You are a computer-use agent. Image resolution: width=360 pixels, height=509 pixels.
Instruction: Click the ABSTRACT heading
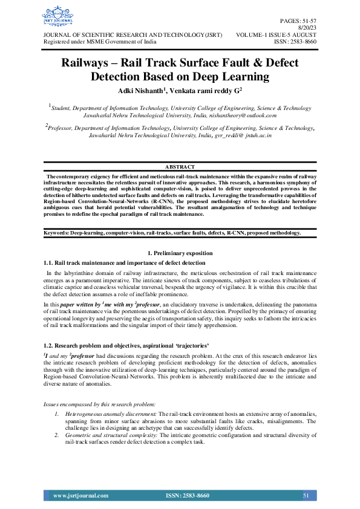[180, 166]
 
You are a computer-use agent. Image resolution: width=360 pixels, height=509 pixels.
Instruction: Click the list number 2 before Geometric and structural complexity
[56, 435]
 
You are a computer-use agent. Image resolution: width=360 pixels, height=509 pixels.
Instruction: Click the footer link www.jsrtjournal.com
[80, 496]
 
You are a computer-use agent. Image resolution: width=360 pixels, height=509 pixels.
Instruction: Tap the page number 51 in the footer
[306, 496]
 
